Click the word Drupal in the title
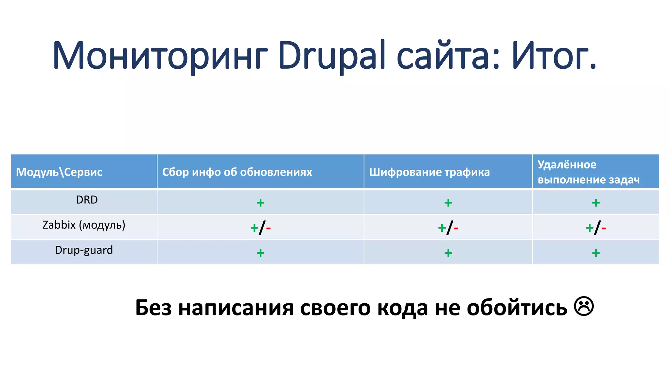(x=332, y=56)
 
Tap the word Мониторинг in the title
(x=160, y=56)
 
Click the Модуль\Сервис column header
(x=59, y=172)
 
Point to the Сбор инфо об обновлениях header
(x=237, y=172)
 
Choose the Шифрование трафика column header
(x=429, y=172)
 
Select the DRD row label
(x=87, y=200)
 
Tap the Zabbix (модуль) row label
(x=84, y=225)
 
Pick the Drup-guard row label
(x=84, y=250)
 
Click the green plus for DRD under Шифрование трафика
(x=448, y=203)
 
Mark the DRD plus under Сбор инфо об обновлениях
(x=260, y=203)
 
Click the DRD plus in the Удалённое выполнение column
(x=596, y=203)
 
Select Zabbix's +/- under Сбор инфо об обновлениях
(x=260, y=228)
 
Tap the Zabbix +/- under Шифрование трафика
(x=448, y=228)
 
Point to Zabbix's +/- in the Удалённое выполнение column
(x=596, y=228)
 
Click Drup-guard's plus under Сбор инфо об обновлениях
(x=260, y=253)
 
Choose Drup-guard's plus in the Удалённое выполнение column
(x=596, y=253)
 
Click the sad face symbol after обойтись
(x=584, y=307)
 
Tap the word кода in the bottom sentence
(x=402, y=308)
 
